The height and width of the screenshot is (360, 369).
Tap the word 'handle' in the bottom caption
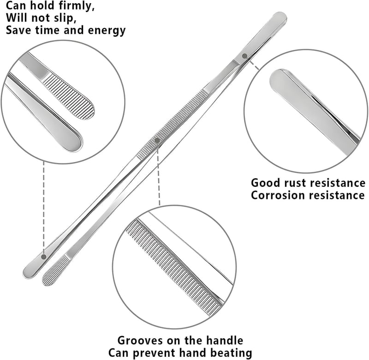[225, 341]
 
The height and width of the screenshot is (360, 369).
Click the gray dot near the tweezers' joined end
[245, 56]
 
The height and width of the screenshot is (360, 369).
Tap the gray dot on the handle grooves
[157, 141]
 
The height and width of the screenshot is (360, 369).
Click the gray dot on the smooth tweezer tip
[43, 257]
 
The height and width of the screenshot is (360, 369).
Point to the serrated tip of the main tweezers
[54, 272]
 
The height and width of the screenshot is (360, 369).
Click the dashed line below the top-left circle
[43, 207]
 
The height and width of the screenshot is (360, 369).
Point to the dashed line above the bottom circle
[158, 174]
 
